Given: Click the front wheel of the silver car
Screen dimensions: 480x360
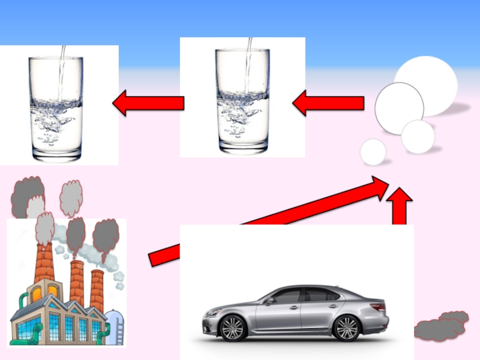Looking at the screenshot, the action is [x=233, y=328].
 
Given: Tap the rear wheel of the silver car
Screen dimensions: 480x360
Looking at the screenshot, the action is [x=346, y=328].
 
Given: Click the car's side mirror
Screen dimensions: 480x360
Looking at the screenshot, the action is [x=270, y=300].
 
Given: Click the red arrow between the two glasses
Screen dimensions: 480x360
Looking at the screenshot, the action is [x=149, y=104].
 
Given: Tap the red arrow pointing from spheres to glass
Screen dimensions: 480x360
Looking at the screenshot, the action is [x=329, y=103].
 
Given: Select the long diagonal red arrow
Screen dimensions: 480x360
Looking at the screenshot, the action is [x=270, y=221].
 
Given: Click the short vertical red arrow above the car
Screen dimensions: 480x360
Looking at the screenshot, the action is [x=399, y=206].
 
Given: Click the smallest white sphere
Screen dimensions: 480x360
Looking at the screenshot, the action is [x=373, y=152].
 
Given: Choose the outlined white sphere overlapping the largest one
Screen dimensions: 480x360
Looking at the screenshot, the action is [x=399, y=108].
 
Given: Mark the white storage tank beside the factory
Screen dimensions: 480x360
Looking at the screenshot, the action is [x=115, y=327].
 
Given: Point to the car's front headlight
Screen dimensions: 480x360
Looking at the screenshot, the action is [x=212, y=312].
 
